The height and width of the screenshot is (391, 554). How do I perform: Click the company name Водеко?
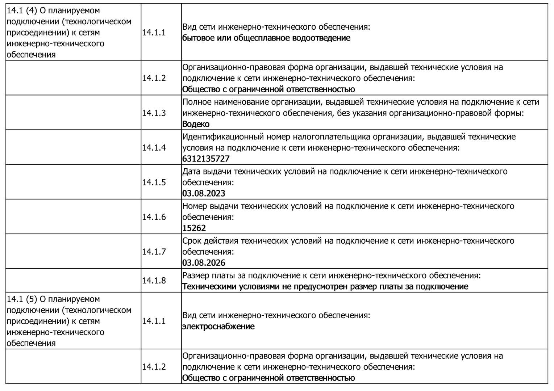coord(196,124)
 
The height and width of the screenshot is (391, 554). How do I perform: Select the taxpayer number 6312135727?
coord(206,159)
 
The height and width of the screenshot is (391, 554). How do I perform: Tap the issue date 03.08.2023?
coord(204,193)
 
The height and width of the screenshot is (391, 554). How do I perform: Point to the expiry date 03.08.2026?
coord(204,263)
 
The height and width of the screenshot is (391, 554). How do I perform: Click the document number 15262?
coord(194,228)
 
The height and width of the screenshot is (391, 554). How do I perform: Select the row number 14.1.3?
coord(154,113)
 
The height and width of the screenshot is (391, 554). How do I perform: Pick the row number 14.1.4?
coord(154,148)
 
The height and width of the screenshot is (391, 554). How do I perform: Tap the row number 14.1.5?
coord(154,182)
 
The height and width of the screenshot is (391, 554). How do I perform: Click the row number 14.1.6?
coord(154,217)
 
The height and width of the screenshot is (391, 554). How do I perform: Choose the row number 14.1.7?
coord(154,252)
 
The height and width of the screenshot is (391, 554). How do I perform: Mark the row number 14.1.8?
coord(154,281)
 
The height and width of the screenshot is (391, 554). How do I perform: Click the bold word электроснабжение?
coord(218,327)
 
